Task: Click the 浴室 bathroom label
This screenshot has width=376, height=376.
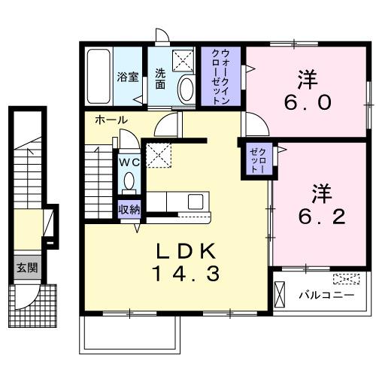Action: [x=126, y=77]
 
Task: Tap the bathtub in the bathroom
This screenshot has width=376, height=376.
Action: [x=99, y=77]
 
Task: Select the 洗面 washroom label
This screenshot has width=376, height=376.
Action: [x=161, y=78]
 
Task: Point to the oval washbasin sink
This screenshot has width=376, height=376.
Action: [x=186, y=89]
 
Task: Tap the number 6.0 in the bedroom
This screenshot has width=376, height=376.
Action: [x=305, y=102]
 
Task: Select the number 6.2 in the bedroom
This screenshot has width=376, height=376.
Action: [x=319, y=217]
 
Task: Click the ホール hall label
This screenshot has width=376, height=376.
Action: [x=111, y=120]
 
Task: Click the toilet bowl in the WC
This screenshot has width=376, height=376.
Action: [x=129, y=181]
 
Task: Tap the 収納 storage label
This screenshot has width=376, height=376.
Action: [x=129, y=210]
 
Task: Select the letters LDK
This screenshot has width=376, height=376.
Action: [x=186, y=250]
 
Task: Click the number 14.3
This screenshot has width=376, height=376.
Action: [x=186, y=274]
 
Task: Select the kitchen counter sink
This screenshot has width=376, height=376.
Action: [x=195, y=202]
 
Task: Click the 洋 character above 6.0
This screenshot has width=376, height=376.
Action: [x=305, y=77]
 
